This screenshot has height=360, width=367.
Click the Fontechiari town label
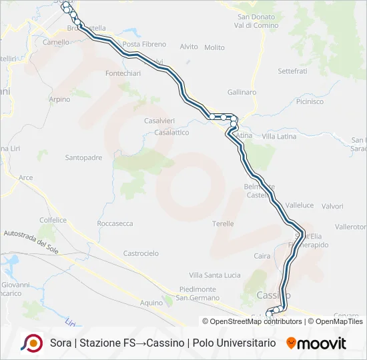[x=123, y=73]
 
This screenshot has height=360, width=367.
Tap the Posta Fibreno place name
[x=144, y=44]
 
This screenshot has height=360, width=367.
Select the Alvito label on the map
[x=189, y=47]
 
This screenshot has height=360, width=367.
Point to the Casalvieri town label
[x=160, y=121]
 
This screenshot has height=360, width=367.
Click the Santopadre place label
[x=83, y=158]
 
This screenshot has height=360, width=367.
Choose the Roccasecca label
[x=115, y=223]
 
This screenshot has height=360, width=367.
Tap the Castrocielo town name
[x=141, y=253]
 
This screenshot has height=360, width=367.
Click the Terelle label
[x=223, y=223]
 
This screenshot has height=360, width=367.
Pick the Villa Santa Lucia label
[x=215, y=275]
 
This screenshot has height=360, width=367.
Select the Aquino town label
[x=151, y=303]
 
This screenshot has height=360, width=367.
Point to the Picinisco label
[x=309, y=102]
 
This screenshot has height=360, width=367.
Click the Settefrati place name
[x=292, y=70]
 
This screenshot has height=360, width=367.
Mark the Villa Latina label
[x=279, y=136]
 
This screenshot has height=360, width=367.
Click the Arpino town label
[x=59, y=99]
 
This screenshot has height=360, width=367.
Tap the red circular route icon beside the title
[x=32, y=343]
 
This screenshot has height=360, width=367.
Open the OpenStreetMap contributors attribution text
[x=247, y=321]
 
